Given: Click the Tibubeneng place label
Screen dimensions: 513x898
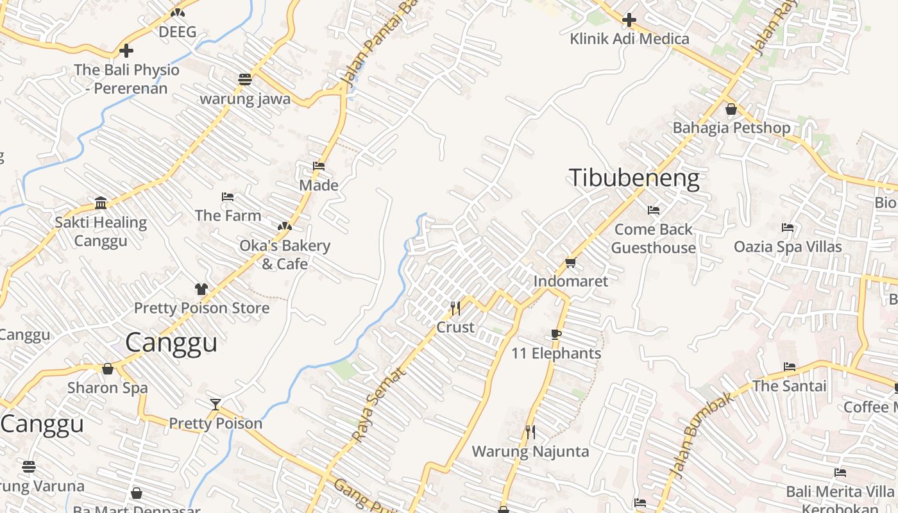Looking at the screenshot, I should (x=634, y=178).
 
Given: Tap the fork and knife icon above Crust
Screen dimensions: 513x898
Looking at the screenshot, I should (x=455, y=308).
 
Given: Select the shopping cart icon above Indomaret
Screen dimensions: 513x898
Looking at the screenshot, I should (x=571, y=262).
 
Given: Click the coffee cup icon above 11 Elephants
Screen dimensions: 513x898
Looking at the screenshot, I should (x=556, y=334).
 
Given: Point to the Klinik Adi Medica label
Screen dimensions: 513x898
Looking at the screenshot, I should (x=629, y=39).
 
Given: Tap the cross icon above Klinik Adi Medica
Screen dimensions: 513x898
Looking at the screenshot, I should (x=629, y=20).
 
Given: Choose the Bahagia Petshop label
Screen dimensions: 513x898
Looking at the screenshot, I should (x=731, y=128).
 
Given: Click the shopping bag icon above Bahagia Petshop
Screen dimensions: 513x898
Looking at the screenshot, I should (x=731, y=109).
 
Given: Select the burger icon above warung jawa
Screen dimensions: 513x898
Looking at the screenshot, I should (x=244, y=80).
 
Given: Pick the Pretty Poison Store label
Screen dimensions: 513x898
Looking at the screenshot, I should (x=201, y=308).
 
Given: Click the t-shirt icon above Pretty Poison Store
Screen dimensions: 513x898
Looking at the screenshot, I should (x=201, y=289).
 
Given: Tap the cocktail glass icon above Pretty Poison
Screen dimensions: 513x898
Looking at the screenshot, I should (x=216, y=404).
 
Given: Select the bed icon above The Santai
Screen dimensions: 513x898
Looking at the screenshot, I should (x=790, y=367).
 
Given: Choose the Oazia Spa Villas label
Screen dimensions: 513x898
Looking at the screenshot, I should (x=788, y=247).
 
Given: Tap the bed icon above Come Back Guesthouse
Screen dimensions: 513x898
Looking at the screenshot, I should (x=654, y=210).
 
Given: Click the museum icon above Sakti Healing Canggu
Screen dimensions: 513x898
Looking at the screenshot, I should (x=101, y=203).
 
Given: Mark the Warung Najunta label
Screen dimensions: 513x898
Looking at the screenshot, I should (x=530, y=451).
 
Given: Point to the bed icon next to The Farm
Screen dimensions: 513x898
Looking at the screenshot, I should (x=228, y=197).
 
